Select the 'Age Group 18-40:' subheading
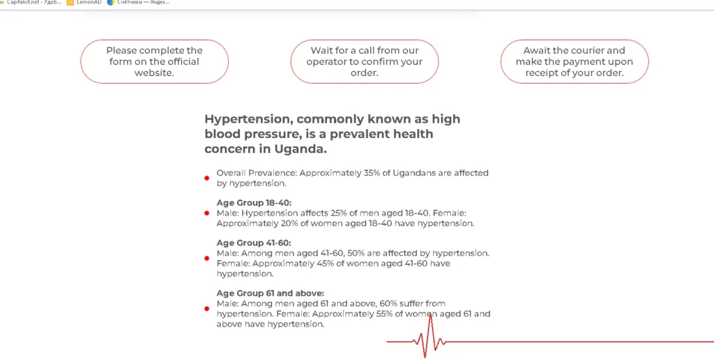pos(254,203)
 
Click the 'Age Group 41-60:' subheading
pos(254,243)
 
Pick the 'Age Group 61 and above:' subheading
pos(271,293)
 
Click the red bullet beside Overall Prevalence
pos(206,178)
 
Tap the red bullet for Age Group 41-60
pos(206,258)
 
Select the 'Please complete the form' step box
pos(154,61)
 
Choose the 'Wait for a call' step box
pos(364,61)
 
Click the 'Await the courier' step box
pos(575,61)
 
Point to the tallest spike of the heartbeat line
pos(430,315)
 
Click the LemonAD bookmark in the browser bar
pos(84,2)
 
